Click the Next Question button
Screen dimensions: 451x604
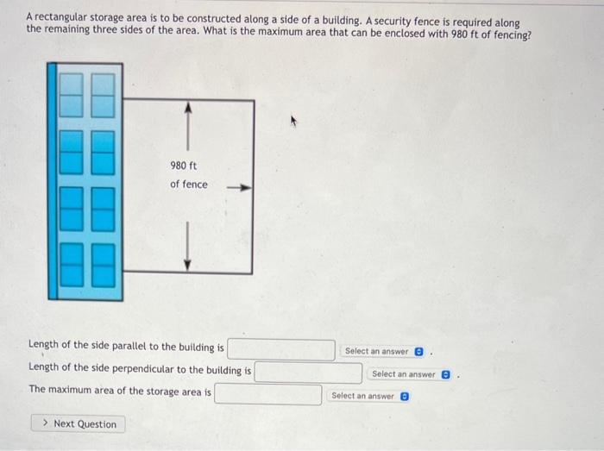click(x=79, y=423)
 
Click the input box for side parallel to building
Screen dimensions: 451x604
click(x=281, y=348)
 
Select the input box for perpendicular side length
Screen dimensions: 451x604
click(x=308, y=373)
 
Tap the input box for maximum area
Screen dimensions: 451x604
click(x=268, y=393)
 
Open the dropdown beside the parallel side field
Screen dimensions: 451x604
click(x=383, y=351)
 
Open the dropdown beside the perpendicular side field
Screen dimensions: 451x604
click(x=410, y=374)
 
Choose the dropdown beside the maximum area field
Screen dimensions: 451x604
click(x=369, y=396)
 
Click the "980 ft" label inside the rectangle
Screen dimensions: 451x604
click(x=185, y=165)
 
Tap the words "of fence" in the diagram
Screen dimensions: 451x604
click(x=188, y=184)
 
